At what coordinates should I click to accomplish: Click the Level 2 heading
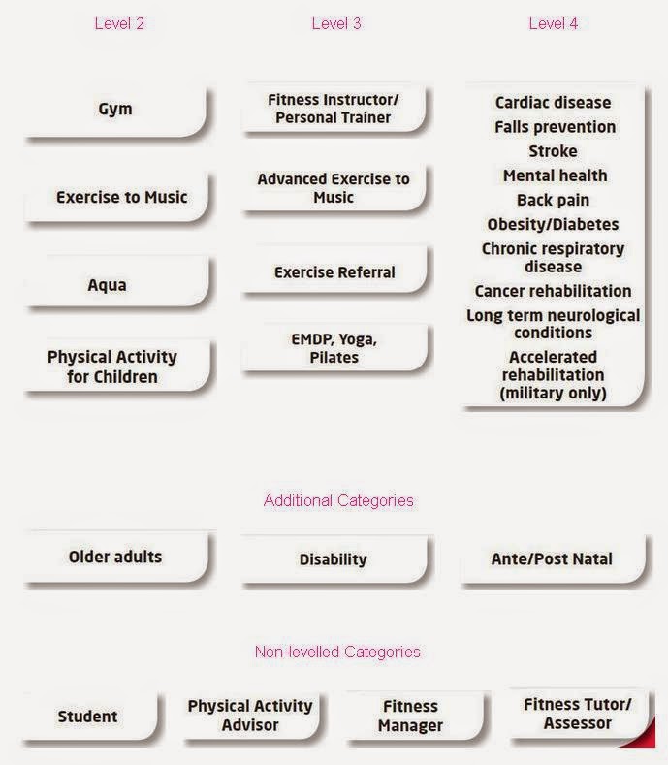119,23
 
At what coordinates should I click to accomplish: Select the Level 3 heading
336,23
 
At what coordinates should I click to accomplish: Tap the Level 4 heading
554,23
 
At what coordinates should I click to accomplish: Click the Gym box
115,109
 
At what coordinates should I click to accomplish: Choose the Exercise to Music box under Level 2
121,197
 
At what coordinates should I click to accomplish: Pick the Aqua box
107,285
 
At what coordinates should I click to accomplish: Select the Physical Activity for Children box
112,367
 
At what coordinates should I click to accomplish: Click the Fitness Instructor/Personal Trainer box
334,109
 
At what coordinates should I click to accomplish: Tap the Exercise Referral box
334,272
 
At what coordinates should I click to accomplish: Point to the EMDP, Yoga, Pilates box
334,348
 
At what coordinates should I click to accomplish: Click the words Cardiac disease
553,103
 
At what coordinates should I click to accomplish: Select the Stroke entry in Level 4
553,151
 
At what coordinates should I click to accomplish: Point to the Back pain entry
553,200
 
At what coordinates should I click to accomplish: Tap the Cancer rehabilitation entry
553,291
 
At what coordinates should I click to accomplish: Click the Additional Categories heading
338,500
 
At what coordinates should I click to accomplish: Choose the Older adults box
115,558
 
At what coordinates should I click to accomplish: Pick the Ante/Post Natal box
552,559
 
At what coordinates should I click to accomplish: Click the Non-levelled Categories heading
337,652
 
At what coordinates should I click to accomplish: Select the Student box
87,717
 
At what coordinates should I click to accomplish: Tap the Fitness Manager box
411,716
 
